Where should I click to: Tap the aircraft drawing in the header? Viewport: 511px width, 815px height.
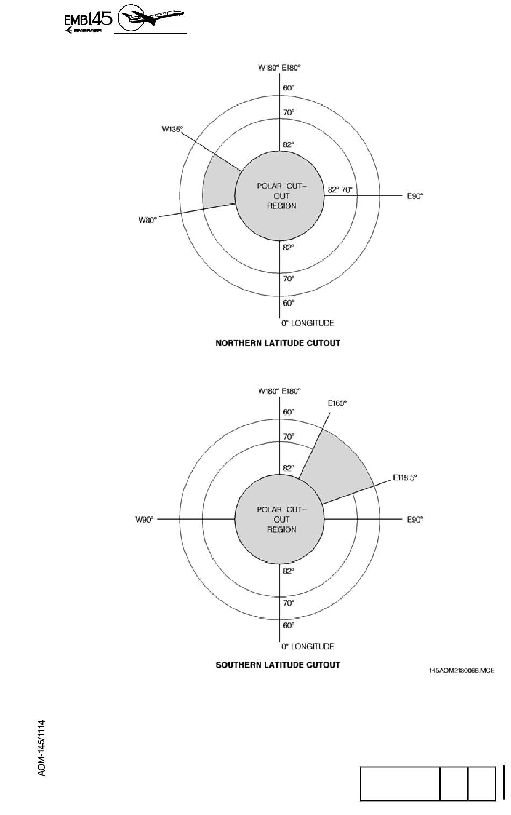[x=151, y=18]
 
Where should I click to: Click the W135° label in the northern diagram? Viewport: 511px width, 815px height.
[x=172, y=129]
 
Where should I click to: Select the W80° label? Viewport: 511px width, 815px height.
[x=147, y=220]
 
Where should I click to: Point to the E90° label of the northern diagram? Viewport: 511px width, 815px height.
[x=415, y=196]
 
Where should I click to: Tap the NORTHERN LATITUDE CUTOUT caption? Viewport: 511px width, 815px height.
[x=278, y=343]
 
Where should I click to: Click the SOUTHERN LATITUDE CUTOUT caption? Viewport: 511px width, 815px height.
[x=278, y=665]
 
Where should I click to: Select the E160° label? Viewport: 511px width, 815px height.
[x=337, y=403]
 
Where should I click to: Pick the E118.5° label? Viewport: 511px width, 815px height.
[x=404, y=477]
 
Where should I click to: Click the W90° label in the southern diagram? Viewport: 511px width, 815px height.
[x=144, y=519]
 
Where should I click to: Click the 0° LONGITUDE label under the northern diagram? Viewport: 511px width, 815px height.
[x=308, y=323]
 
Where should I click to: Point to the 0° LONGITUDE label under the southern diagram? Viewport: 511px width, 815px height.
[x=308, y=647]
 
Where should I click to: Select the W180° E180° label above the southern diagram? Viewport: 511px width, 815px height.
[x=279, y=391]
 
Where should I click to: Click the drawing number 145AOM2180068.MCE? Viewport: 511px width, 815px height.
[x=462, y=670]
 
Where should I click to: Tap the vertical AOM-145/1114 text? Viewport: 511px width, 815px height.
[x=42, y=748]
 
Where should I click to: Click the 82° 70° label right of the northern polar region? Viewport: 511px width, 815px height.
[x=340, y=189]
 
